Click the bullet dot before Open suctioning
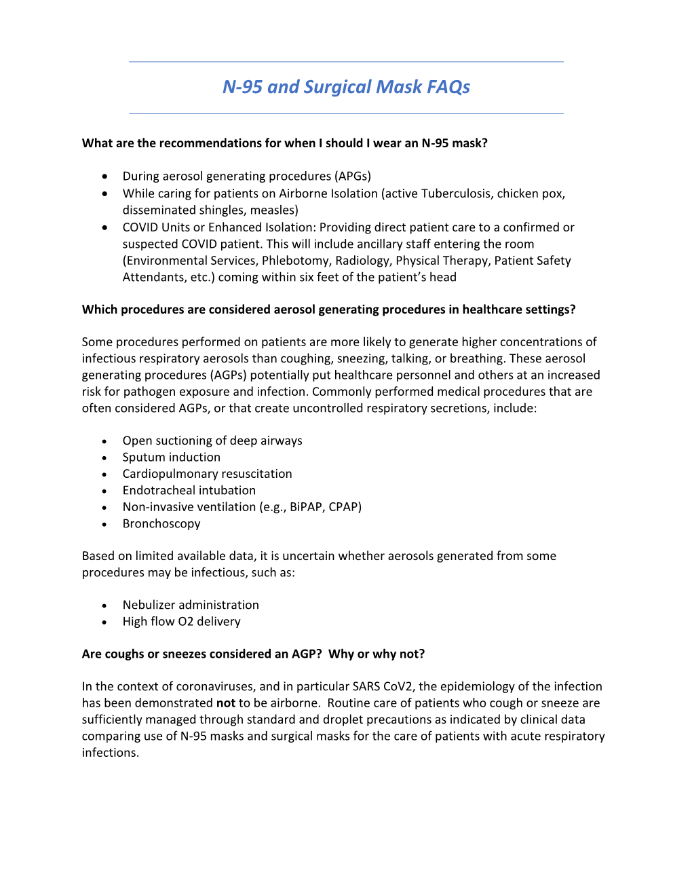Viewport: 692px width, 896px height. click(x=104, y=441)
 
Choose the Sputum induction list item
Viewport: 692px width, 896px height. click(x=171, y=458)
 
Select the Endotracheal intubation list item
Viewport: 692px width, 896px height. click(x=189, y=491)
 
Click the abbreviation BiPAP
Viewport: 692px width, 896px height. click(x=307, y=507)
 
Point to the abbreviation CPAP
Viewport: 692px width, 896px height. click(x=344, y=507)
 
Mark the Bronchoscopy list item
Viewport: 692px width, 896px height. click(x=161, y=524)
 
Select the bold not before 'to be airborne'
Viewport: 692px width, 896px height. click(x=226, y=703)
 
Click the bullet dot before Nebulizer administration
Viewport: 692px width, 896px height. click(x=104, y=605)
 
